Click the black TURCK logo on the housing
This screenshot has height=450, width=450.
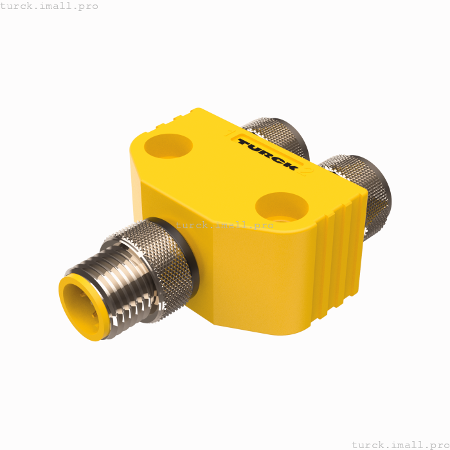267,154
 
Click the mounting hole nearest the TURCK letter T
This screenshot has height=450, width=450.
168,146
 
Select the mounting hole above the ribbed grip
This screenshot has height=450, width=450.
282,206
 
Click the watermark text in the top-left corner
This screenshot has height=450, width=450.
50,6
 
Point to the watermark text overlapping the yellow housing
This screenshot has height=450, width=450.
224,225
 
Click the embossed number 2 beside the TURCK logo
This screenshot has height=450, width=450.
307,171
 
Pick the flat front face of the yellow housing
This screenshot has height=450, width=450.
257,276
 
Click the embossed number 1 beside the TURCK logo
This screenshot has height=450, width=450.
230,134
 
